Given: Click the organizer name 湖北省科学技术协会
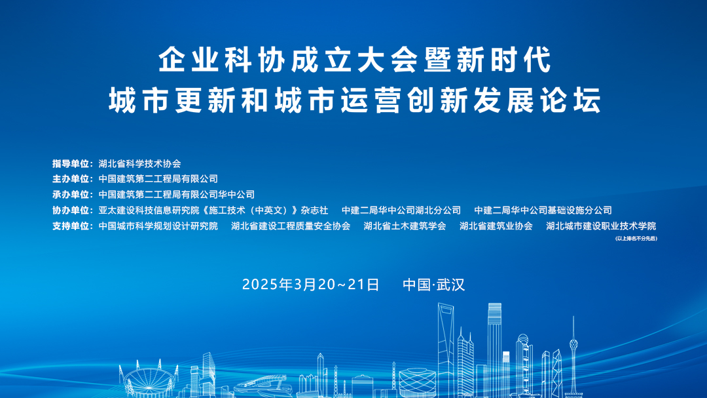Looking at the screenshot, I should coord(139,164).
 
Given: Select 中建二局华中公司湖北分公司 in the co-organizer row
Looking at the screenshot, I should coord(401,210).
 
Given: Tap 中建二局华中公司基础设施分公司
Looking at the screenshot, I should coord(543,210).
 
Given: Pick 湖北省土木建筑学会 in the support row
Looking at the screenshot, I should coord(405,226).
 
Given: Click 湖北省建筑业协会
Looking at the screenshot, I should coord(496,226).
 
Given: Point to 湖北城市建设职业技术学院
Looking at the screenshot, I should coord(601,226).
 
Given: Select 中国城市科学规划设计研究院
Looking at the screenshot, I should coord(158,226).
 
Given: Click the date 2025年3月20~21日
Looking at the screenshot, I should coord(311,285).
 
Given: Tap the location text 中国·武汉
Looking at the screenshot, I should coord(433,285).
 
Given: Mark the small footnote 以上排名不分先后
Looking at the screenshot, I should coord(636,238).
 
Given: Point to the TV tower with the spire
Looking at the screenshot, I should coord(573,354).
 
